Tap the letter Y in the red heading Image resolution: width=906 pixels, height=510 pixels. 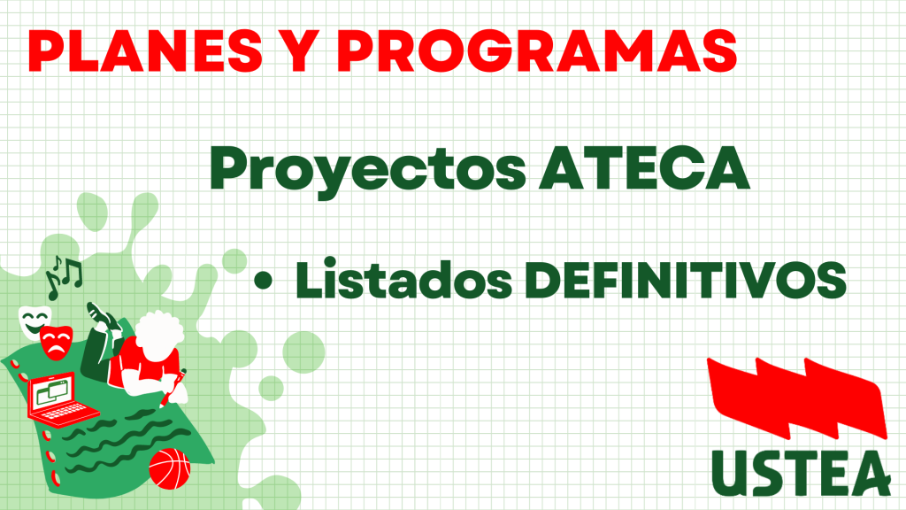coord(301,50)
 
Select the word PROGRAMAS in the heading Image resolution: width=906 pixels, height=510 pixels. coord(537,50)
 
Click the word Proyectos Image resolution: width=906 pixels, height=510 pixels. coord(368,171)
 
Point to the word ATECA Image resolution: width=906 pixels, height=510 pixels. coord(644,167)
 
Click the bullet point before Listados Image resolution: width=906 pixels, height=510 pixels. coord(263,281)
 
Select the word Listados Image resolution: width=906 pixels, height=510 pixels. coord(403,279)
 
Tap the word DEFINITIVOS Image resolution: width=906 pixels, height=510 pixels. coord(686,280)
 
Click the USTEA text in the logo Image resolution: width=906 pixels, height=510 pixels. coord(801,473)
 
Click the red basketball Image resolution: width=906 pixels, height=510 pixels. coord(169,468)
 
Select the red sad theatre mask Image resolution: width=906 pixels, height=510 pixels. coord(57,343)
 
